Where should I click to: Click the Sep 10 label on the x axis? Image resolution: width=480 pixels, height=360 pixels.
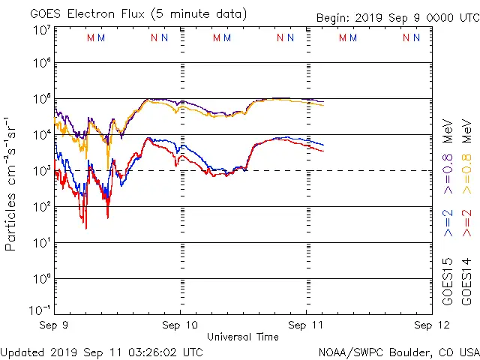point(181,325)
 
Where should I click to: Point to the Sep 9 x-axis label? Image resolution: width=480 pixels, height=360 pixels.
point(53,325)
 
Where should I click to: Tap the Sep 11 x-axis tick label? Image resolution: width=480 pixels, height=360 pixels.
point(306,325)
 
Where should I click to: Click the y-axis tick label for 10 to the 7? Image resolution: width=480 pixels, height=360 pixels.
point(41,31)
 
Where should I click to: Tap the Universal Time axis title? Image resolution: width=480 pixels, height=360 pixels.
point(242,337)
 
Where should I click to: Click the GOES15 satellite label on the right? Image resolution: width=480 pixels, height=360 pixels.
point(448,281)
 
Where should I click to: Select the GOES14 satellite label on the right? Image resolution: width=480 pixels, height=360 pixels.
point(466,281)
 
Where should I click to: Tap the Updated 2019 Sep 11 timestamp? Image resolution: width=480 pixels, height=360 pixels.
point(101,352)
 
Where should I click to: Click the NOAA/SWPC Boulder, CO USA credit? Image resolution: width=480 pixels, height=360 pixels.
point(398,352)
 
